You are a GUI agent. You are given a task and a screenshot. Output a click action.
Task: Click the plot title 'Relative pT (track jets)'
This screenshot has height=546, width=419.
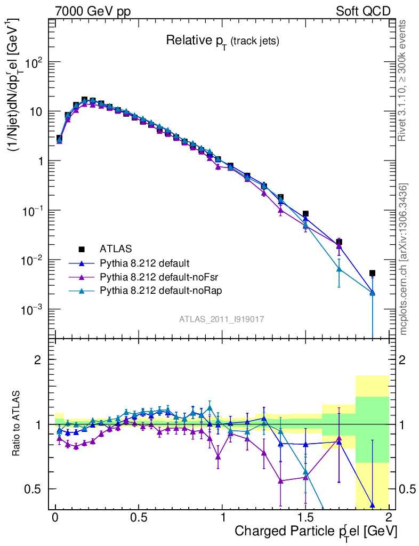(x=222, y=41)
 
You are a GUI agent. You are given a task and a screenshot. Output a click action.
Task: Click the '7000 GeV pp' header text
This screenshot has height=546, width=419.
(x=96, y=11)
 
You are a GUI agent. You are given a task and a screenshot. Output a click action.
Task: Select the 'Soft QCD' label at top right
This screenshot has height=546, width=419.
(x=363, y=11)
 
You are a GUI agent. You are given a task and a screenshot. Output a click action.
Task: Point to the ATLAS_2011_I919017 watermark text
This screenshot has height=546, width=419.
(x=222, y=319)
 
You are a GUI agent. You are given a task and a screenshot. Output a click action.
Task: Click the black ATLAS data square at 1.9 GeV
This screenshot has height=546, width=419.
(x=372, y=273)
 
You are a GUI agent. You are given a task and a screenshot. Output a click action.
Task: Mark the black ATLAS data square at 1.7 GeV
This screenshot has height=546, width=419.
(x=339, y=242)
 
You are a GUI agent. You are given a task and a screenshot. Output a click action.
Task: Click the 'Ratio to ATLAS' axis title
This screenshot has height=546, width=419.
(x=18, y=424)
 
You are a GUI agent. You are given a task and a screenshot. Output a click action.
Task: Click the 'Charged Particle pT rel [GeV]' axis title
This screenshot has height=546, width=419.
(x=316, y=532)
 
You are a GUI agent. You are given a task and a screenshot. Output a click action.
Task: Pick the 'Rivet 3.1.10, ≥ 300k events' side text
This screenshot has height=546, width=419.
(x=403, y=81)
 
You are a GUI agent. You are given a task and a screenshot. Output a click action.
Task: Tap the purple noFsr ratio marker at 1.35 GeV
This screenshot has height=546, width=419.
(x=280, y=481)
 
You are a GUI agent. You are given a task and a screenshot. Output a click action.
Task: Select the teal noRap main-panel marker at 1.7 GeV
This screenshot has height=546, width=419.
(x=339, y=269)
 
